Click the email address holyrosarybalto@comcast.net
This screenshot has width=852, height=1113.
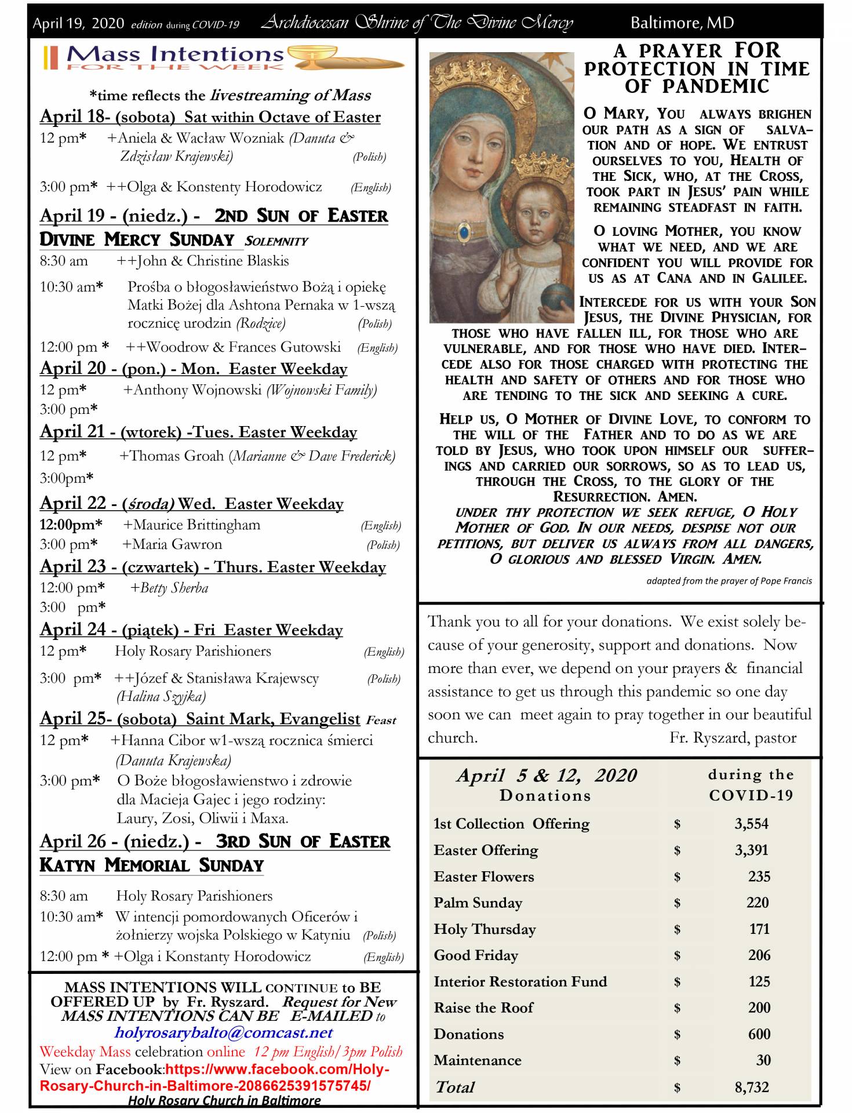pos(224,1032)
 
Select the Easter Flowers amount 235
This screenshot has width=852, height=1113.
pos(758,876)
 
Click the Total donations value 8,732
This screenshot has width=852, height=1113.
pos(751,1087)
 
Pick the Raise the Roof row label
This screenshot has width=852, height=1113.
pos(483,1007)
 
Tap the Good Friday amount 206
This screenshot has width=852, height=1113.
pos(758,955)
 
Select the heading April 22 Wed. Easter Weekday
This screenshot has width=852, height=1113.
pos(191,503)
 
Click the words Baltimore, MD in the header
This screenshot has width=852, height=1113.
pos(682,23)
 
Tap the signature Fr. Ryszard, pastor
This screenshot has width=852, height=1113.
pos(733,737)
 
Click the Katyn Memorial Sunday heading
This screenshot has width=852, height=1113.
pos(151,865)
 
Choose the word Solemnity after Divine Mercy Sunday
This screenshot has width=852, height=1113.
pos(276,241)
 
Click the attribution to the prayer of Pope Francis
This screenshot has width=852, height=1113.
pos(729,580)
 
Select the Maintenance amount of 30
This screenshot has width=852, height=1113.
pos(763,1060)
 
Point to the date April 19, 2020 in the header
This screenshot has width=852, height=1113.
pos(78,23)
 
